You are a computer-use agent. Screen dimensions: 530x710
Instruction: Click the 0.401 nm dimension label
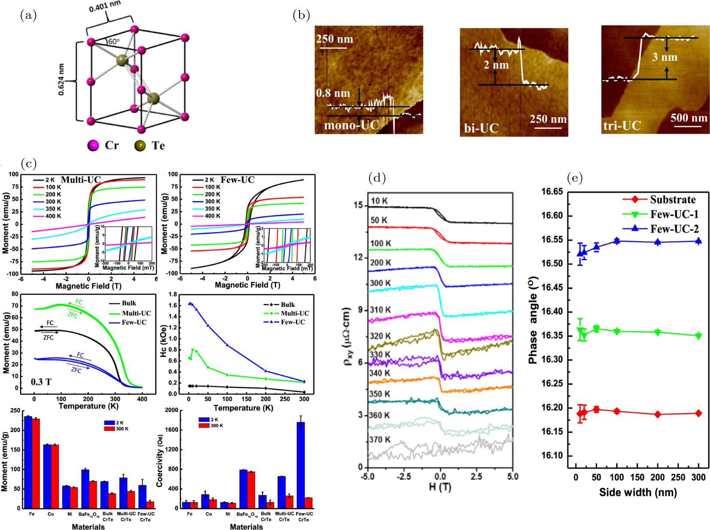tap(105, 6)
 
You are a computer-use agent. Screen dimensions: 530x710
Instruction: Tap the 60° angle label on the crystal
tap(113, 42)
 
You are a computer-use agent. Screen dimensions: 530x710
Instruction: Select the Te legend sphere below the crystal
tap(140, 146)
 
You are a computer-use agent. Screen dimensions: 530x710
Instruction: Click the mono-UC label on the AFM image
tap(351, 125)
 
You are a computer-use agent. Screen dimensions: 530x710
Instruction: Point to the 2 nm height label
tap(496, 65)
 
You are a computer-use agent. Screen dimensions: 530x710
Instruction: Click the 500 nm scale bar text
tap(689, 118)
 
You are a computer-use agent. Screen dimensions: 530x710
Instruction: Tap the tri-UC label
tap(622, 125)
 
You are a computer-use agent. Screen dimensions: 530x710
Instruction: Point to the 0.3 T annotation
tap(41, 382)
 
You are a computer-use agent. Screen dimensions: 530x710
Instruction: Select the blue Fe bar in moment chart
tap(28, 462)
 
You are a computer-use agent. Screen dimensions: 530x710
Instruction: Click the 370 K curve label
tap(379, 440)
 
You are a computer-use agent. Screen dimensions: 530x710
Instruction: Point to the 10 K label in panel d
tap(379, 200)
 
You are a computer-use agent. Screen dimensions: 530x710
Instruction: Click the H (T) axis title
tap(440, 487)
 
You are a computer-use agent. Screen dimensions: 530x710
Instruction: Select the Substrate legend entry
tap(672, 200)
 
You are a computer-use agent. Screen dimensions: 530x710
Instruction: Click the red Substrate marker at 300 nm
tap(698, 413)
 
